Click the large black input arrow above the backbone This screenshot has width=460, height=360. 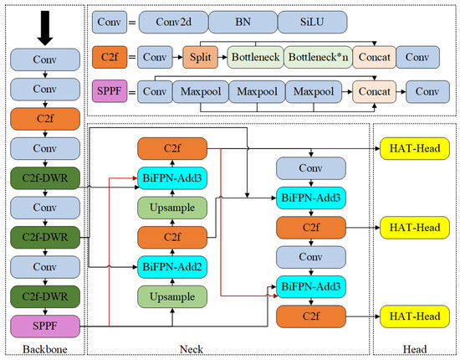click(x=45, y=28)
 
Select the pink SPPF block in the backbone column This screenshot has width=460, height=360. click(x=45, y=326)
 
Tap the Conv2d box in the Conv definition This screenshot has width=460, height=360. click(x=173, y=22)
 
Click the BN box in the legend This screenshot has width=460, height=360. click(x=243, y=22)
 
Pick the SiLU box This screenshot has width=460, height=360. click(x=312, y=22)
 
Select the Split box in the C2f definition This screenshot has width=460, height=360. click(x=201, y=57)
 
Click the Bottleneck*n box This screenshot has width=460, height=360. click(x=319, y=57)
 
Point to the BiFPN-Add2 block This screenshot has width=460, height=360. click(x=172, y=266)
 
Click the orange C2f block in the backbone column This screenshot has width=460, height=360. click(x=45, y=119)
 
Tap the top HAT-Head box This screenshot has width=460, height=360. click(x=415, y=148)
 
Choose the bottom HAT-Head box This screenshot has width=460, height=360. click(x=415, y=316)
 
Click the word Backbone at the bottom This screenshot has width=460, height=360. click(x=45, y=349)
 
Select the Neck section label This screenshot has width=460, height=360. click(x=192, y=349)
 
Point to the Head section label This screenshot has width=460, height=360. click(x=415, y=349)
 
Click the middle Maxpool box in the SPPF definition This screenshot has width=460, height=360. click(x=257, y=91)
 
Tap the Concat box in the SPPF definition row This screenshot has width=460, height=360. click(x=375, y=91)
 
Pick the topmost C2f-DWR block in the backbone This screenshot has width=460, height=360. click(x=45, y=178)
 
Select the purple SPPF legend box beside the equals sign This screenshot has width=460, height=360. click(x=110, y=91)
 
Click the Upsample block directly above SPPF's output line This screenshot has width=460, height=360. click(x=172, y=296)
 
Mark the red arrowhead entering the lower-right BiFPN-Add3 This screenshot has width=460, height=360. click(x=275, y=296)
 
